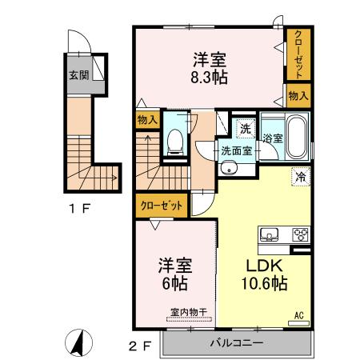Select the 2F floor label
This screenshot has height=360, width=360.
(x=141, y=346)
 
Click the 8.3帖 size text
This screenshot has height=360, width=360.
(x=209, y=78)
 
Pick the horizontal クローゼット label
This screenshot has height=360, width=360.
(x=162, y=206)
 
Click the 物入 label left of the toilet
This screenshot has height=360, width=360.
(x=147, y=120)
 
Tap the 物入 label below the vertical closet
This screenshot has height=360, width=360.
(x=298, y=96)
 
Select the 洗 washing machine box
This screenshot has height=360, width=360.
(x=244, y=126)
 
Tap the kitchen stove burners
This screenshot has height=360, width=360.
(x=301, y=234)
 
